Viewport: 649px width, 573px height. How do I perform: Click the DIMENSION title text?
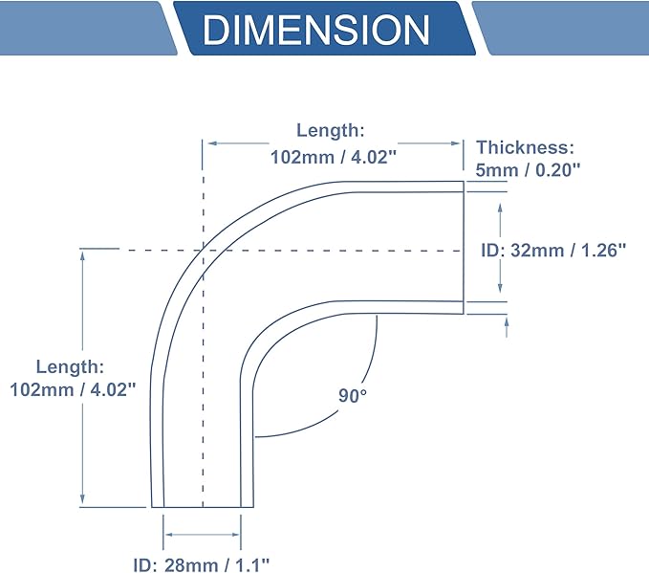point(316,30)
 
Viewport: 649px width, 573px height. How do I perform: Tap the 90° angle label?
point(353,396)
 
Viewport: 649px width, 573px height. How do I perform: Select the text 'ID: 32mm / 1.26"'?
point(553,251)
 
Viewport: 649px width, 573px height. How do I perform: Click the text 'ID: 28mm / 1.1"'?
point(201,564)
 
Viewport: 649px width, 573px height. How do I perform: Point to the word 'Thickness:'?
point(526,147)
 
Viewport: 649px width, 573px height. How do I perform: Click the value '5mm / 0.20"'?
point(528,170)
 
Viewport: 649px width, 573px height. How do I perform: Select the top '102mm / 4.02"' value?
point(334,158)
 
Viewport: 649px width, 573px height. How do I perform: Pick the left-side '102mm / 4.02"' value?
point(73,390)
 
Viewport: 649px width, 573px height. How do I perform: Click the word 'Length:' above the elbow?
point(331,130)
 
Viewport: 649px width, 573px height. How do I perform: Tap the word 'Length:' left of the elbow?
point(70,366)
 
